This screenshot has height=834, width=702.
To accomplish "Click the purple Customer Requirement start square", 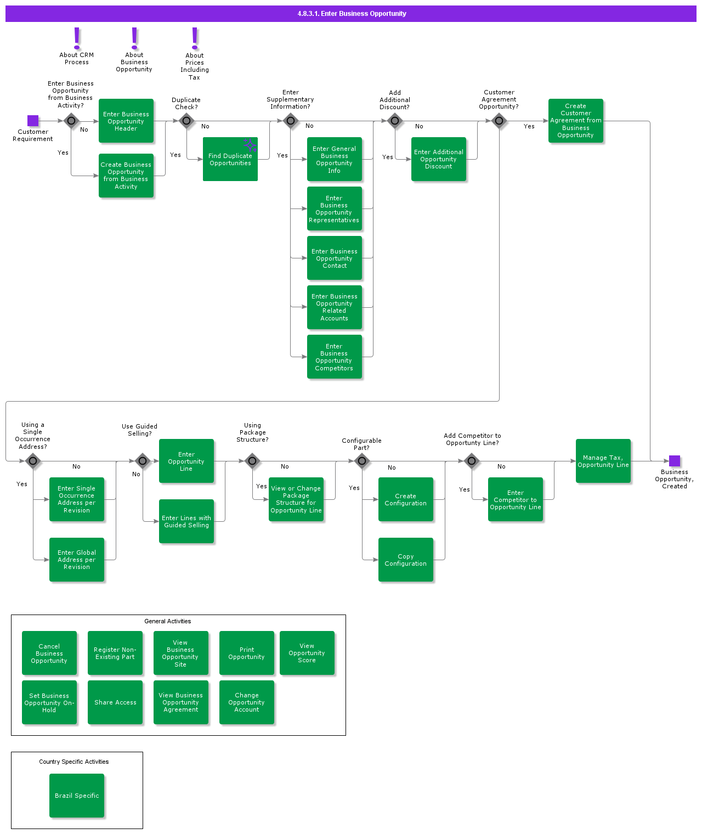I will click(x=33, y=121).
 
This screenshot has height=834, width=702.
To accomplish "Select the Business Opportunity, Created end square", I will click(x=675, y=461).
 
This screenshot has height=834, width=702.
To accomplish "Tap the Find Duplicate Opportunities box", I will click(x=230, y=160).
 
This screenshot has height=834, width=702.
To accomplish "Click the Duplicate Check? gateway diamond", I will click(x=186, y=121).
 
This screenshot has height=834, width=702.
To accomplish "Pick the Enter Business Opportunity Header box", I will click(x=126, y=121).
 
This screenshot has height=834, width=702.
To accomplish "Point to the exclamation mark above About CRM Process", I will click(x=77, y=38).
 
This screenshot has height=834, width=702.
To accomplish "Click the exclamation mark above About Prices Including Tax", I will click(x=195, y=38).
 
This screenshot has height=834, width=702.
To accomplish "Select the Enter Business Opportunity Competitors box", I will click(x=335, y=357).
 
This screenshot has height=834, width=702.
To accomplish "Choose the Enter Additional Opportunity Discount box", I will click(x=439, y=159).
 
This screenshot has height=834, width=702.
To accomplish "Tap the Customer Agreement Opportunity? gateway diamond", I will click(x=499, y=121).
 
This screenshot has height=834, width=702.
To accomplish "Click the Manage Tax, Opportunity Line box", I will click(x=603, y=461).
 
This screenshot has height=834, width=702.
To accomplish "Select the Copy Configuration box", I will click(x=406, y=560).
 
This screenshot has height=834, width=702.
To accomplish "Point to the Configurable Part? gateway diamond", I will click(x=362, y=461).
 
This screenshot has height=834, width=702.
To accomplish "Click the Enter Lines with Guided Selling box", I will click(x=186, y=521).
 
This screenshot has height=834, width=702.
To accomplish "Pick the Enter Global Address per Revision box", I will click(x=77, y=560).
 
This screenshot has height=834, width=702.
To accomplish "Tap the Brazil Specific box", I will click(x=77, y=796).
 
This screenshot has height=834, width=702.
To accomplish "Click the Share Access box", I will click(x=115, y=702).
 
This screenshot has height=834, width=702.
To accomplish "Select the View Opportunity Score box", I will click(x=307, y=653).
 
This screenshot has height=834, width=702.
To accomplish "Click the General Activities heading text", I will click(x=168, y=621).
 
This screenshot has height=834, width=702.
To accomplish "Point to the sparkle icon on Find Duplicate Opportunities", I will click(x=250, y=145).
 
